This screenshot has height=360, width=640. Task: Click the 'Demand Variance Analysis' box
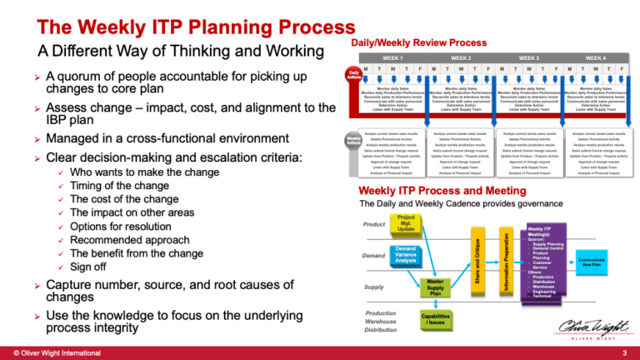pos(406,253)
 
